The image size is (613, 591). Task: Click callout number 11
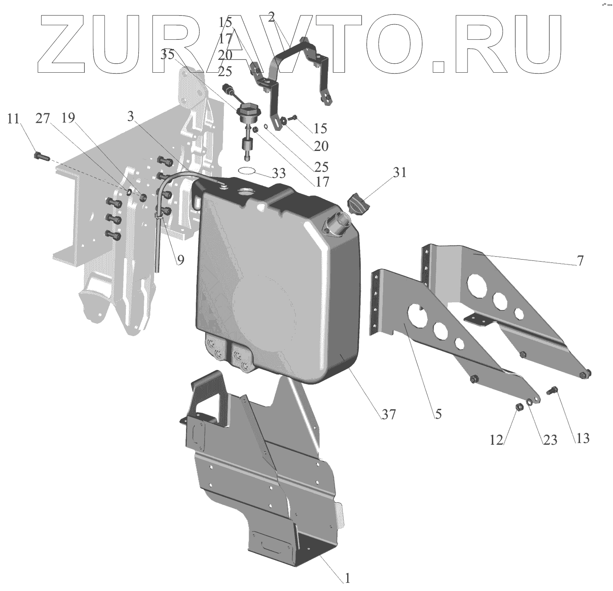13,118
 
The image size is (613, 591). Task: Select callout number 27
43,118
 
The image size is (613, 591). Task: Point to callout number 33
279,174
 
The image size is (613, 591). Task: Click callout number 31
400,173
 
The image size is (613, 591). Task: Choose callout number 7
580,260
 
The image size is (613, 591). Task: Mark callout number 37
389,414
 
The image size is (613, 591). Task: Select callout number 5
438,414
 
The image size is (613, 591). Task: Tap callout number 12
496,440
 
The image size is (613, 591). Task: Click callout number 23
550,440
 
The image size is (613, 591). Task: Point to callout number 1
348,578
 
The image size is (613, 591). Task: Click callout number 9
181,260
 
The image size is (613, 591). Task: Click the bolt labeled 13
553,390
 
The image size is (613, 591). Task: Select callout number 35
168,54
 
